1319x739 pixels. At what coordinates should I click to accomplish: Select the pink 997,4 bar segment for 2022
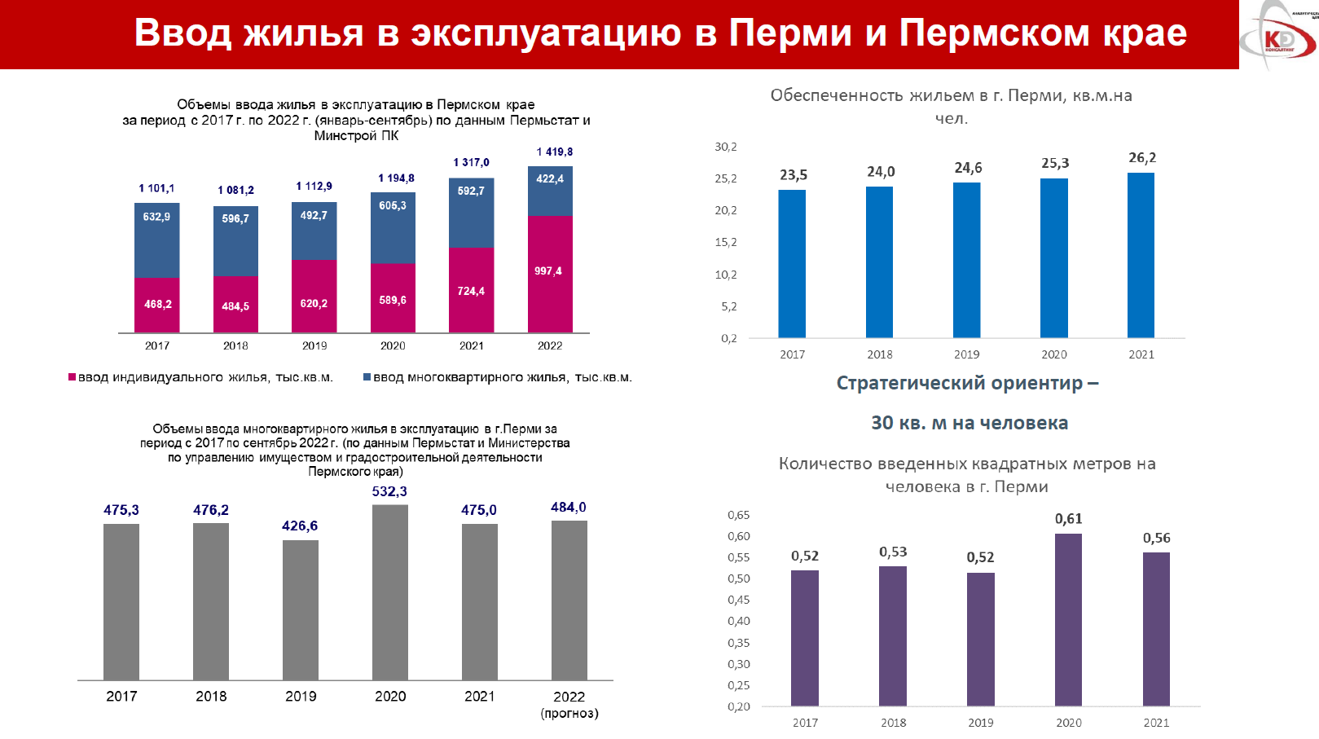(x=550, y=274)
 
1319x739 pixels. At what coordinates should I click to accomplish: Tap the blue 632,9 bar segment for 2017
(x=156, y=240)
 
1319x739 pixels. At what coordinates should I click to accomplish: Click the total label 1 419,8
(x=554, y=152)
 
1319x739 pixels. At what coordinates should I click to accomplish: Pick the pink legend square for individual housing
(x=72, y=377)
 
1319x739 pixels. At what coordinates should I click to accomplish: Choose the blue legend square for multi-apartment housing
(x=367, y=377)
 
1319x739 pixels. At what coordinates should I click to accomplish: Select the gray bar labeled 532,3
(x=390, y=592)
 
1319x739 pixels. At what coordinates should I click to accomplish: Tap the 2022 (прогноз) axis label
(x=569, y=705)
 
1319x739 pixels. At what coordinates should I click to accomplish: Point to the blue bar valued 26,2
(x=1141, y=255)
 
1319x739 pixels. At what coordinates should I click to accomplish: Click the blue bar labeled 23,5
(x=792, y=264)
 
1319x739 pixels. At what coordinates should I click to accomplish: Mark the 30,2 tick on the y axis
(x=725, y=147)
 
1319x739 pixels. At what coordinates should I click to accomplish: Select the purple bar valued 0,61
(x=1068, y=619)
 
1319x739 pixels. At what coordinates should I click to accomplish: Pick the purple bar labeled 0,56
(x=1156, y=629)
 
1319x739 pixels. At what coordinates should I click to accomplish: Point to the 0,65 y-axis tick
(x=738, y=515)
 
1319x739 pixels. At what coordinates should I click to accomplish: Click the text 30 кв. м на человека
(x=969, y=423)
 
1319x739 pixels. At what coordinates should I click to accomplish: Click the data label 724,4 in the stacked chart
(x=471, y=291)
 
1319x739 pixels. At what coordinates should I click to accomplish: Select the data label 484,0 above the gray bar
(x=569, y=508)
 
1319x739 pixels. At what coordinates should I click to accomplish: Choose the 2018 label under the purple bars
(x=893, y=723)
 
